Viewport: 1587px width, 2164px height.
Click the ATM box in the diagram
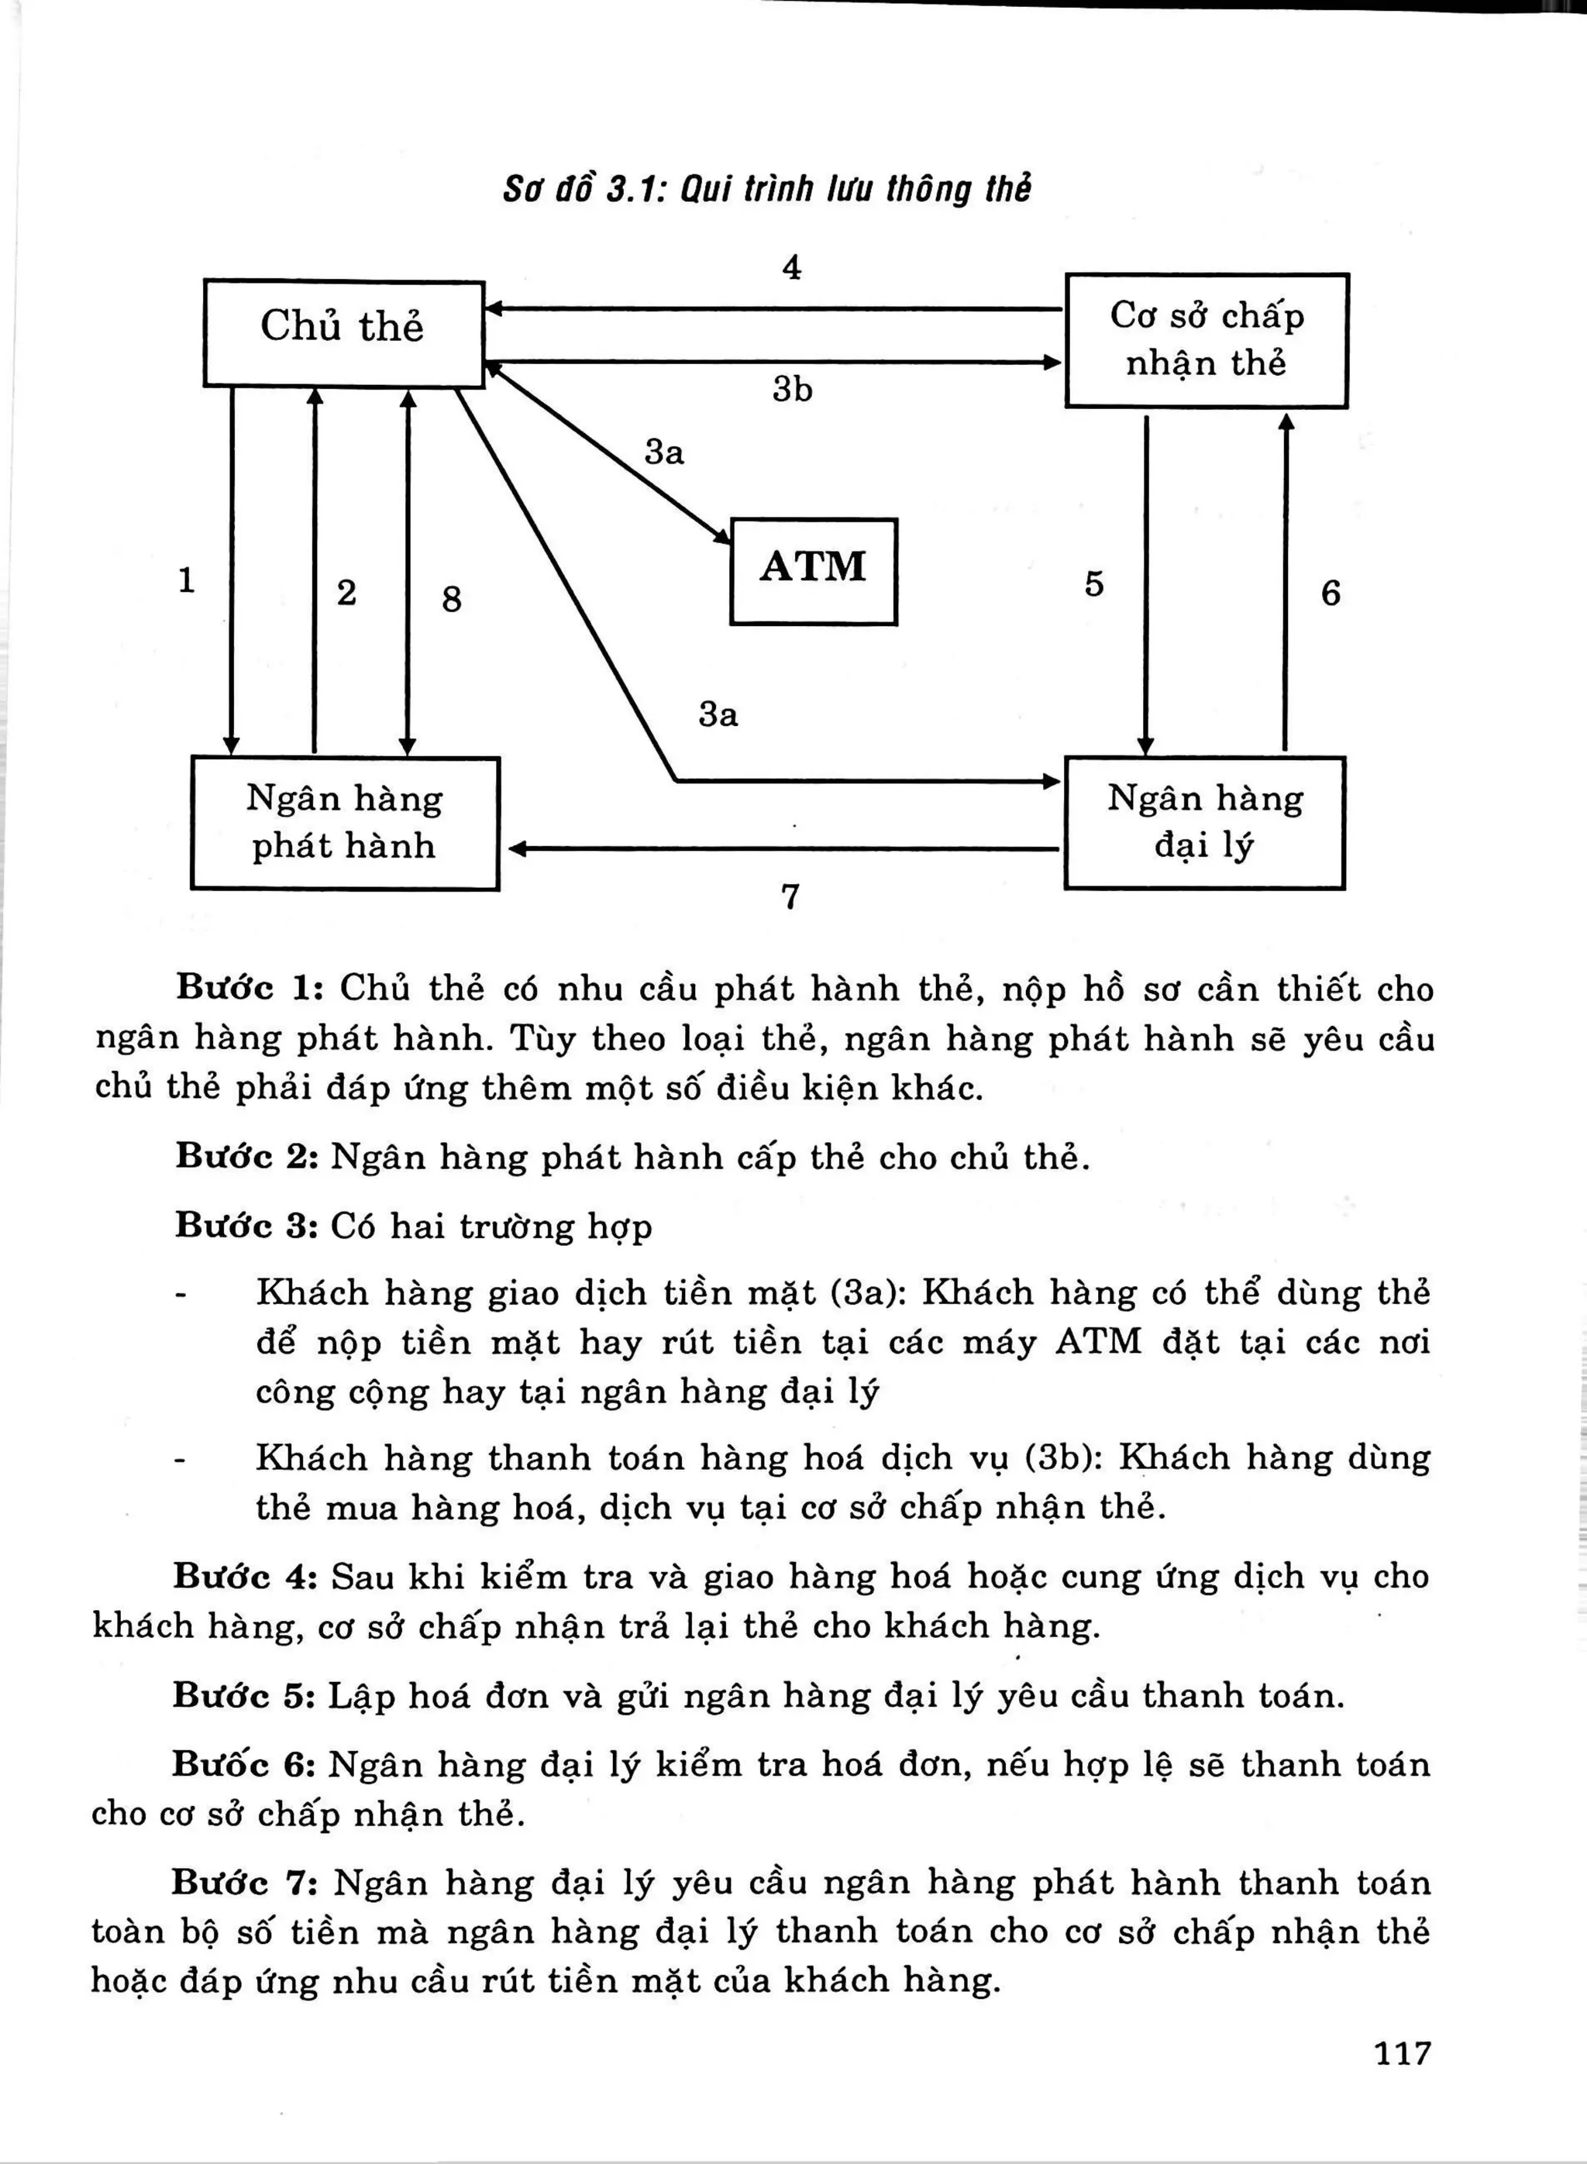click(x=813, y=572)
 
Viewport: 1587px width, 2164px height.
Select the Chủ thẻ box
click(x=343, y=332)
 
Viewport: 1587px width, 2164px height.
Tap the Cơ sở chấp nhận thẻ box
click(x=1207, y=340)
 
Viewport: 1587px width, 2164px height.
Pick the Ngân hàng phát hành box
click(x=345, y=823)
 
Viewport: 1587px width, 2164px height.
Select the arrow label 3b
click(x=792, y=389)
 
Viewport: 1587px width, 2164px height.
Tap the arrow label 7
click(x=790, y=896)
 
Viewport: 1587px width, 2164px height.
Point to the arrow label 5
click(x=1093, y=584)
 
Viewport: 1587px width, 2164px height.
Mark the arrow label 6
click(x=1330, y=593)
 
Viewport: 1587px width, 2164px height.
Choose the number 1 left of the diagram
click(x=187, y=580)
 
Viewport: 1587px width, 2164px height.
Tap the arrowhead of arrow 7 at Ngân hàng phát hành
click(x=516, y=849)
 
